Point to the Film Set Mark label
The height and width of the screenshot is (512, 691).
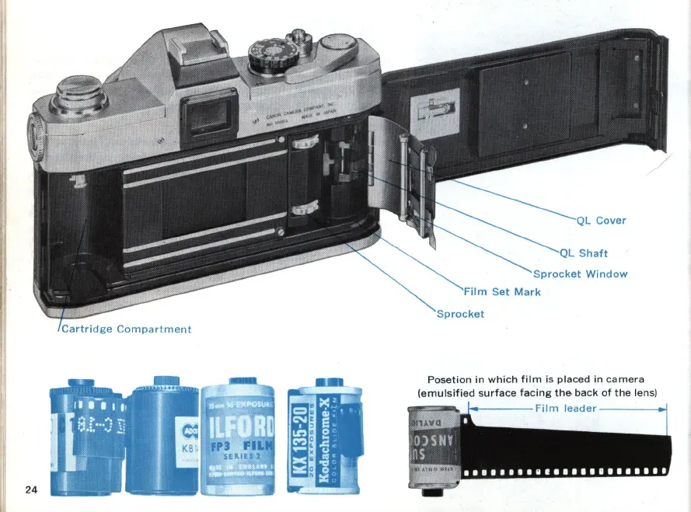pos(502,292)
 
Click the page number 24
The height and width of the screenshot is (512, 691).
pos(31,489)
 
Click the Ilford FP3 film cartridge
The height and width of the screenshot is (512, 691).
pos(239,439)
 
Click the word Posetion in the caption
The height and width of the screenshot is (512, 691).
pos(449,379)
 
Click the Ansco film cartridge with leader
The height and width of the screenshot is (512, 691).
pos(434,448)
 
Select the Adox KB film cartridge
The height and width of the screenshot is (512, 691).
pos(163,439)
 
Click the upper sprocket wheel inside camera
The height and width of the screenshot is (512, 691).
pos(305,141)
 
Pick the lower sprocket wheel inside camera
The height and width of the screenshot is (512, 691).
pos(305,207)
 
